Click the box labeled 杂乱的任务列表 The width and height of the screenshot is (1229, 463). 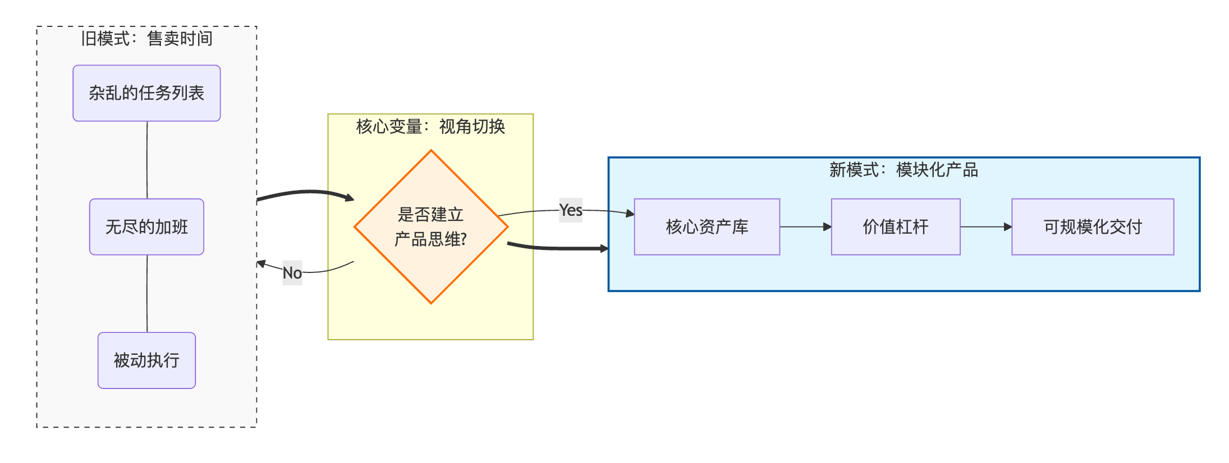(146, 93)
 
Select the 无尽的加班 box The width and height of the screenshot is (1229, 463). (146, 227)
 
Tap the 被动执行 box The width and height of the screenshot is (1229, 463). (146, 360)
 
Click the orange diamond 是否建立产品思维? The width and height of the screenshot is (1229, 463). (431, 227)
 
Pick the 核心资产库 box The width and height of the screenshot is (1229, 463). (707, 227)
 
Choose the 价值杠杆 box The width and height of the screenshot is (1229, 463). (896, 227)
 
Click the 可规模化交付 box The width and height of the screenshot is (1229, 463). (1093, 227)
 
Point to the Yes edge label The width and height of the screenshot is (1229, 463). (571, 210)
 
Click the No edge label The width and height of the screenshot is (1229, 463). (292, 273)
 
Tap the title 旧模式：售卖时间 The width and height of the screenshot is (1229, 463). (146, 39)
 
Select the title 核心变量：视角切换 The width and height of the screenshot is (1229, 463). (430, 127)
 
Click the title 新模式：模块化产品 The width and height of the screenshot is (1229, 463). (904, 170)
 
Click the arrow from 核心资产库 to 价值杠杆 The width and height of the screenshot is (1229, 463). (805, 227)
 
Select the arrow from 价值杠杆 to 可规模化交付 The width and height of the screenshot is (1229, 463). (985, 227)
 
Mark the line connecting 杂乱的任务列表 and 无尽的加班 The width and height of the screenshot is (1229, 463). (147, 160)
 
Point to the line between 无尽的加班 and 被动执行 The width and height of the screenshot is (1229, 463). (147, 294)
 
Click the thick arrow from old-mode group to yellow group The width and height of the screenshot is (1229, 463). (306, 192)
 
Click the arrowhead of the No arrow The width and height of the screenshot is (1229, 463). (261, 263)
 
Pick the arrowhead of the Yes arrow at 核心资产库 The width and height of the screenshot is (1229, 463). (630, 214)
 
